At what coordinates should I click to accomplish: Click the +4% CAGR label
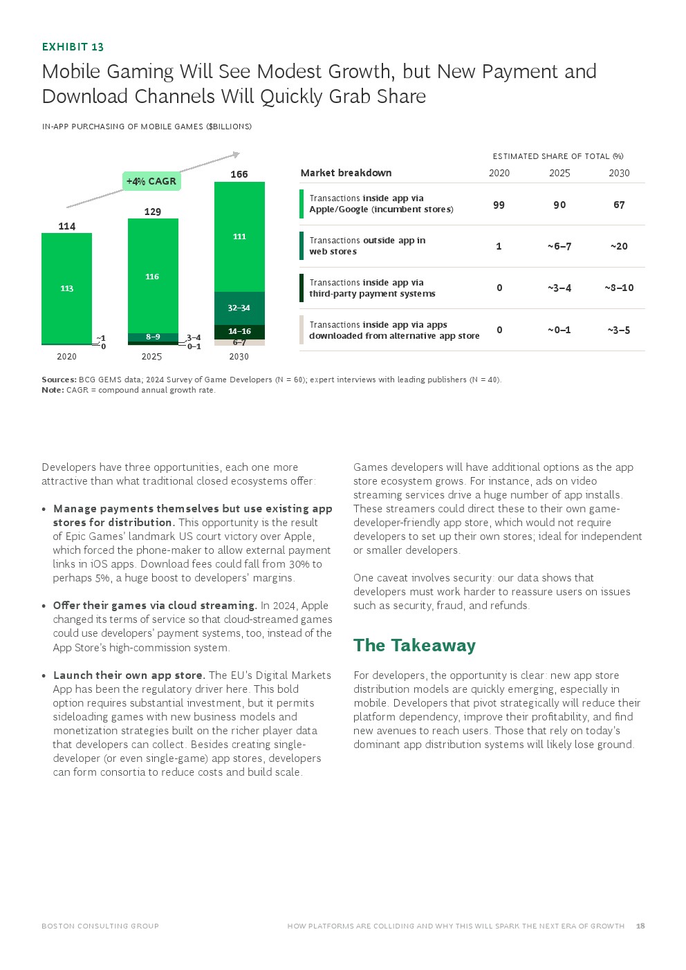(x=151, y=181)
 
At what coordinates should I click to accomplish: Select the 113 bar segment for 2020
(x=66, y=288)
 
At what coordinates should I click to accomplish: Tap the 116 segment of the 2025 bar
(x=152, y=277)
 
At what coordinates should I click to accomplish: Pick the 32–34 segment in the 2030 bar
(x=239, y=308)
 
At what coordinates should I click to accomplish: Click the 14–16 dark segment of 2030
(x=239, y=331)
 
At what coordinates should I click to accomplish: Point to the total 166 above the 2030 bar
(x=239, y=174)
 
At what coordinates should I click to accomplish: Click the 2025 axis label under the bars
(x=151, y=357)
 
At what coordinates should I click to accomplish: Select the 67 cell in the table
(x=619, y=205)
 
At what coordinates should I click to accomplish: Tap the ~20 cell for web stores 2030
(x=619, y=246)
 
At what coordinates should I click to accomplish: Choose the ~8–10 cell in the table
(x=619, y=288)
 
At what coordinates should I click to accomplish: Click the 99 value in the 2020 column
(x=499, y=205)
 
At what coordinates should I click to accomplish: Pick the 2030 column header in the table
(x=619, y=173)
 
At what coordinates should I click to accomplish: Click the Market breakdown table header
(x=346, y=173)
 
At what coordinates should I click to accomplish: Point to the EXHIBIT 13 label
(x=73, y=47)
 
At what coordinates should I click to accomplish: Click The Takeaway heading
(x=414, y=645)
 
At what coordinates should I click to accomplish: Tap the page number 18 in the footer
(x=640, y=926)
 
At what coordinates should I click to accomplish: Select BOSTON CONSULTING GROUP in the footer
(x=100, y=926)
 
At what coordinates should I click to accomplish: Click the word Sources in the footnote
(x=58, y=380)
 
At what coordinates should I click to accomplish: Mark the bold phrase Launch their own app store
(x=129, y=675)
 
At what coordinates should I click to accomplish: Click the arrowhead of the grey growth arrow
(x=237, y=154)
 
